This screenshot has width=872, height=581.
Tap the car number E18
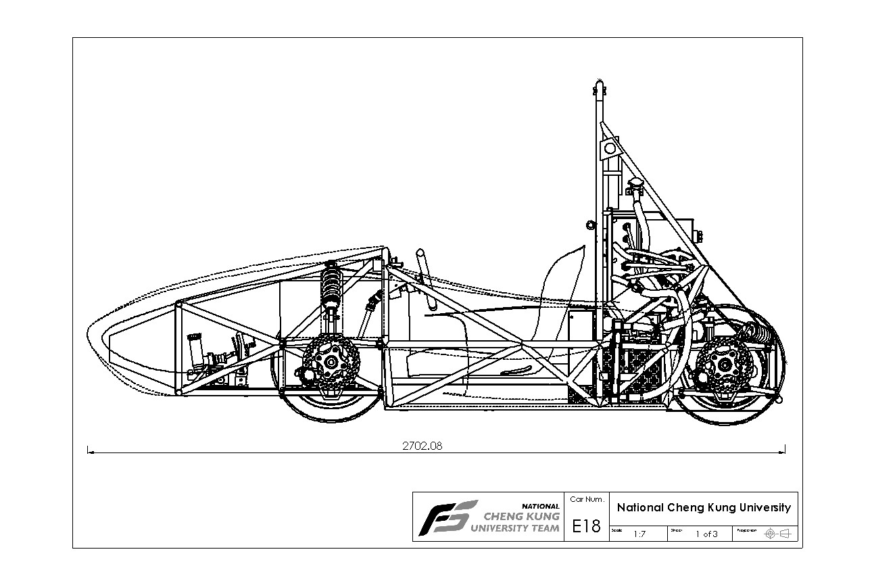586,526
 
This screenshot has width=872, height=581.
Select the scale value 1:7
639,534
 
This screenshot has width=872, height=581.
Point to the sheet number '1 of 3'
706,534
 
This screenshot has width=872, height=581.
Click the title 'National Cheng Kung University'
704,508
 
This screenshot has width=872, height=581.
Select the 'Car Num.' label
586,499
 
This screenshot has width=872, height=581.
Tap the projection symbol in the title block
776,534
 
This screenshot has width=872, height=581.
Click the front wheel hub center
331,363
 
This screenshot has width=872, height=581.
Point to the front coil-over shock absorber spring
332,283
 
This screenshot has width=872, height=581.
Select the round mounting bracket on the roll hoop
610,147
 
